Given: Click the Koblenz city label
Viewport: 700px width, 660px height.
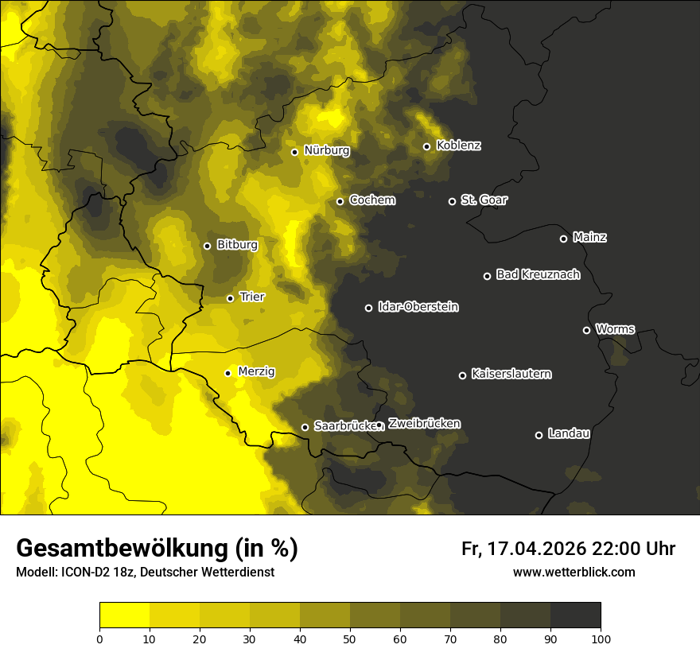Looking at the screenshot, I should click(459, 146).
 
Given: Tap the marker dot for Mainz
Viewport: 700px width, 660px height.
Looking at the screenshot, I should click(563, 239).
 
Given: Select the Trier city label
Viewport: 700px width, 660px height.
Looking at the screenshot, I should click(252, 297).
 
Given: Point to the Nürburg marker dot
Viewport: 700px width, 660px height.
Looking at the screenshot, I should click(294, 152).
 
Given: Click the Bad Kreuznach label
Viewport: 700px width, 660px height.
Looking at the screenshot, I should click(538, 274).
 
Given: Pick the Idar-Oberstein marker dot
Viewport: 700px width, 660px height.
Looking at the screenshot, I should click(368, 308).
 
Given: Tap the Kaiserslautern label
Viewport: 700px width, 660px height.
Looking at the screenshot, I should click(511, 374).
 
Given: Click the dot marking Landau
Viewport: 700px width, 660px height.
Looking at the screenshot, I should click(539, 435).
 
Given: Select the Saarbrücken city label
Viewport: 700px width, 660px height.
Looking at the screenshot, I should click(344, 425).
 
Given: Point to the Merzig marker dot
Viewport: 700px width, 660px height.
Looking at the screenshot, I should click(227, 373).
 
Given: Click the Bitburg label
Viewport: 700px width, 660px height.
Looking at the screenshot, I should click(237, 245).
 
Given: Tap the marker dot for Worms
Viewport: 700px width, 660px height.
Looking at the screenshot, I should click(586, 330).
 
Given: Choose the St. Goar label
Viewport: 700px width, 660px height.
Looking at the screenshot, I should click(484, 200).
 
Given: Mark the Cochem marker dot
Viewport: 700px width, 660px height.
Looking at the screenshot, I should click(340, 201).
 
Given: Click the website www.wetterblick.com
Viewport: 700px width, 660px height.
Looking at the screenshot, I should click(574, 572).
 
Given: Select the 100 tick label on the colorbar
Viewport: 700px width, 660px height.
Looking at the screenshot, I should click(601, 638).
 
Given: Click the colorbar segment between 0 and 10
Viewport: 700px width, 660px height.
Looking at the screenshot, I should click(124, 615).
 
